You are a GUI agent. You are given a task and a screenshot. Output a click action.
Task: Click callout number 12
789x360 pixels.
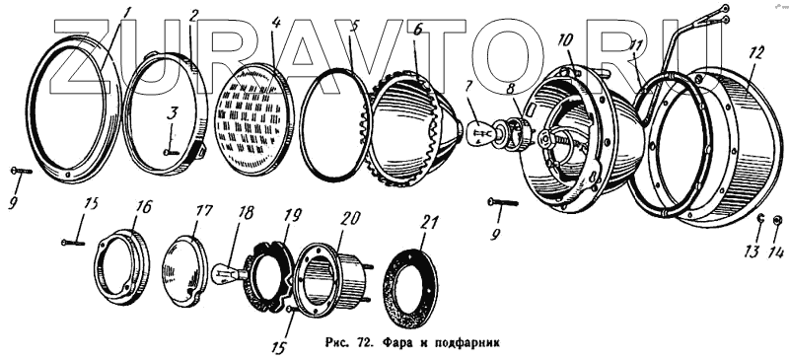tap(755, 52)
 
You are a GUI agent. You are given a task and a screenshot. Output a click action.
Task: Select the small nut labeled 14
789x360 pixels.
tap(776, 220)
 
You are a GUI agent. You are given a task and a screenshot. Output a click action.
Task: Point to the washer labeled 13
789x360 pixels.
tap(760, 218)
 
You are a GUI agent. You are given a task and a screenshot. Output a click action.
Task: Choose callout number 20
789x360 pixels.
tap(350, 218)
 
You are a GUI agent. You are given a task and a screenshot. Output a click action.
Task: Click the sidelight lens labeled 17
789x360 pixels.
tap(184, 270)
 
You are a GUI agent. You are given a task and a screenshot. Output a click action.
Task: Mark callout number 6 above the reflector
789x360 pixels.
tap(417, 30)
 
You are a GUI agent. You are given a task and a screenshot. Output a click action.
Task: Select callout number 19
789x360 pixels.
tap(292, 215)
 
